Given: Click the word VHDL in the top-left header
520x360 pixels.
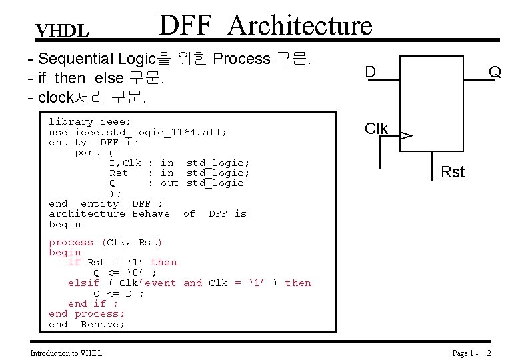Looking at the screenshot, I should pyautogui.click(x=62, y=31).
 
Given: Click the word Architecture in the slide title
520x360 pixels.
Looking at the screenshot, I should pyautogui.click(x=300, y=25).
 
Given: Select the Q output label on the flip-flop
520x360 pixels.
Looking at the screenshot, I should pyautogui.click(x=494, y=71).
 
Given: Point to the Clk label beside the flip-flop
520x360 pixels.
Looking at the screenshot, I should pyautogui.click(x=377, y=129).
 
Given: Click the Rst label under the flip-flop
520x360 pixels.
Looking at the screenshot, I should pyautogui.click(x=453, y=173).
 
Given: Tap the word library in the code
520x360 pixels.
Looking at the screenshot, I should pyautogui.click(x=71, y=122).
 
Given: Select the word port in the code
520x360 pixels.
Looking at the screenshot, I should pyautogui.click(x=87, y=153).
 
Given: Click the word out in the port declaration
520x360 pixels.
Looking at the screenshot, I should pyautogui.click(x=170, y=183).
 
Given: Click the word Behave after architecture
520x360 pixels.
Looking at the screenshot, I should pyautogui.click(x=151, y=214).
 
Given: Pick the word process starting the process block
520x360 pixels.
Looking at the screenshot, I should pyautogui.click(x=71, y=243).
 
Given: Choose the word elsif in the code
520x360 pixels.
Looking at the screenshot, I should pyautogui.click(x=84, y=283).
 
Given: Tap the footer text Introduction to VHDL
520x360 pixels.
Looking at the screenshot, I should pyautogui.click(x=67, y=353).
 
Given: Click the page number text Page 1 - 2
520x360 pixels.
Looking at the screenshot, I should pyautogui.click(x=471, y=353).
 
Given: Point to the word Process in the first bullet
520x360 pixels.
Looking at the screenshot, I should pyautogui.click(x=241, y=59).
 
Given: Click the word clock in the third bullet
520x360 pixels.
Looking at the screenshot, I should pyautogui.click(x=55, y=97).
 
